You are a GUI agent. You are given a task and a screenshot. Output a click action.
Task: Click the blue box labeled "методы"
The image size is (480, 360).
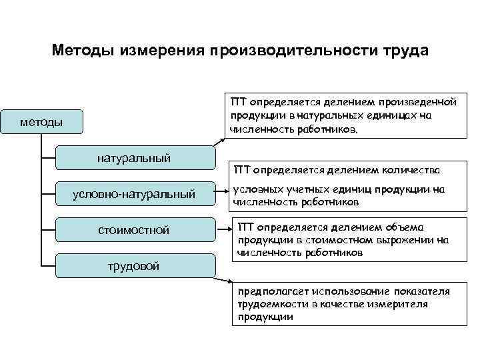click(x=41, y=121)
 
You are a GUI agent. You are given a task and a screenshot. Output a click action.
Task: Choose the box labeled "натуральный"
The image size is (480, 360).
click(x=134, y=159)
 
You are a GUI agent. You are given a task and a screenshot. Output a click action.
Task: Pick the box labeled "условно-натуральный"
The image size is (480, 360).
click(x=134, y=194)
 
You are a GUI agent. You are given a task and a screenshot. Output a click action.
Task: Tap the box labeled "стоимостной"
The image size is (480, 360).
click(x=134, y=230)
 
